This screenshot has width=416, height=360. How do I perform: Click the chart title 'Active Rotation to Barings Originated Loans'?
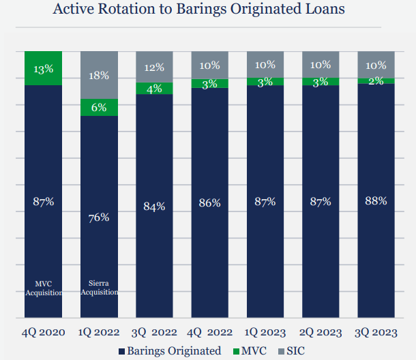coord(207,10)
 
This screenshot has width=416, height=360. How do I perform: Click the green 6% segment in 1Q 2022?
coord(99,107)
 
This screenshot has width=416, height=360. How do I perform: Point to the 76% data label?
coord(99,217)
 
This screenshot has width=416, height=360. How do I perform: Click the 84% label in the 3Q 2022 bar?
coord(154,207)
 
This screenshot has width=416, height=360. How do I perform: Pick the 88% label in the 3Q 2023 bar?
coord(376,200)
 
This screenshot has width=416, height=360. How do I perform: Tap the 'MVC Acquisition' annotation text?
coord(44,288)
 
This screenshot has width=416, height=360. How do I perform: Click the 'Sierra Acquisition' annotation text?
coord(99,288)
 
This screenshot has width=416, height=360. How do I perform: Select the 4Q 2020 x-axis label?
coord(44,333)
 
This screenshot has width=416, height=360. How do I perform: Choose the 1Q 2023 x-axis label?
coord(265,333)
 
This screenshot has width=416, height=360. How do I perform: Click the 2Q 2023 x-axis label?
coord(321,333)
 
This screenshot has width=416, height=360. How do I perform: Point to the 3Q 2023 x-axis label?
coord(376,333)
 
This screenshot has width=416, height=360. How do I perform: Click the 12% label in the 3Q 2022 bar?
coord(154,68)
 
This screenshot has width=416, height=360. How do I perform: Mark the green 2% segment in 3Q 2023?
coord(376,80)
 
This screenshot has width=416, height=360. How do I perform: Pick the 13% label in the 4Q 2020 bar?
coord(44,69)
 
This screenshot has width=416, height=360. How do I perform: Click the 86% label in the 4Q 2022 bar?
coord(209,202)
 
